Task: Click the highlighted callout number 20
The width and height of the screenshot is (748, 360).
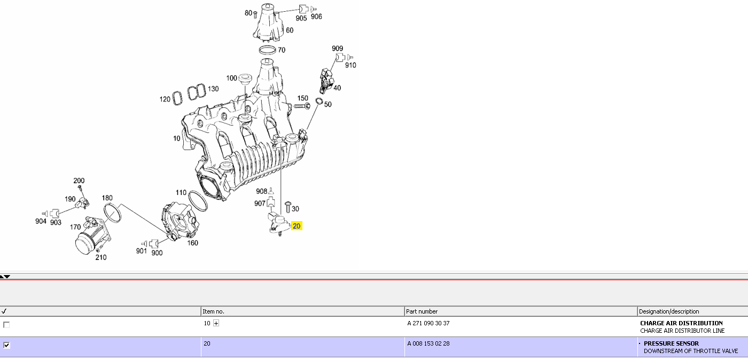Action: (x=297, y=226)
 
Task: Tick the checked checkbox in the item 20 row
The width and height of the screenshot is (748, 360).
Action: (x=6, y=345)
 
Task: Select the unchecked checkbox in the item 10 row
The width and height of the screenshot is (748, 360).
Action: (x=6, y=325)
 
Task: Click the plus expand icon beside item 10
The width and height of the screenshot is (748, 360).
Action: (x=216, y=323)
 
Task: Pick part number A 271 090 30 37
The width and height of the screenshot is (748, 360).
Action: (x=428, y=323)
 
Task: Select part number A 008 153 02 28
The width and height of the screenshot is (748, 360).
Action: (x=428, y=343)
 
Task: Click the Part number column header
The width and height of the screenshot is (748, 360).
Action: (x=422, y=311)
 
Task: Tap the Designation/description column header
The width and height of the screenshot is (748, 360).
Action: (x=669, y=311)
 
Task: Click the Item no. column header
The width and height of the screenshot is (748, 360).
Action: (x=213, y=311)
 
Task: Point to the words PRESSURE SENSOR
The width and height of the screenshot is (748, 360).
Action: (x=671, y=343)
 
